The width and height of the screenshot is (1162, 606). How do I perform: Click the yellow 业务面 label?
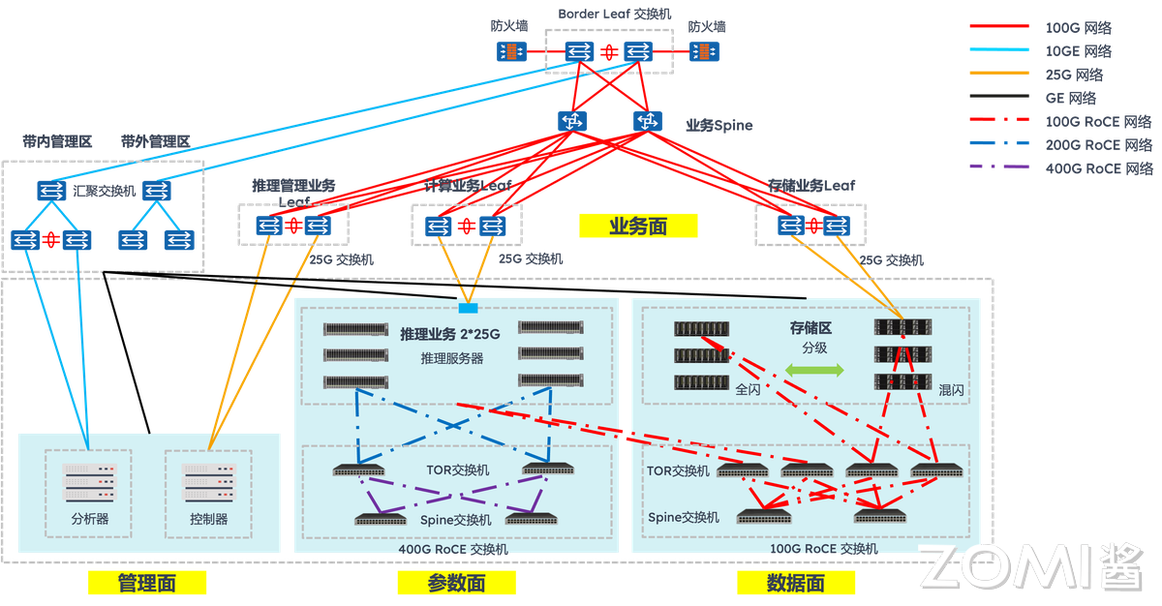[x=638, y=227]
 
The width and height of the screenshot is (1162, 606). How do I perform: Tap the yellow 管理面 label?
[x=147, y=583]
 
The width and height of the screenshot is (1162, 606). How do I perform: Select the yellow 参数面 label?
[x=456, y=583]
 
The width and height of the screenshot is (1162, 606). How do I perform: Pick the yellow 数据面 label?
[x=796, y=583]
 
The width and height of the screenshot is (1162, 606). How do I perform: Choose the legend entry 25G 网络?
[x=1074, y=75]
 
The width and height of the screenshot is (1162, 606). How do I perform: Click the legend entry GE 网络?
[x=1071, y=98]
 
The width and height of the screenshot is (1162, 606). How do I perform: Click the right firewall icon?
[x=705, y=51]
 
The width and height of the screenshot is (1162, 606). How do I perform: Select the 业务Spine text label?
[x=719, y=125]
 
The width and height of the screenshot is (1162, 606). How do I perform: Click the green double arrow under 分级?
[x=814, y=370]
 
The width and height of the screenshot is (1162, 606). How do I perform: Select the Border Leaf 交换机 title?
[x=614, y=14]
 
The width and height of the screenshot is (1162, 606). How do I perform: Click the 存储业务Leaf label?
[x=811, y=185]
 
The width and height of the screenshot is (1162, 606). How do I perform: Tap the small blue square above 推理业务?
[x=468, y=308]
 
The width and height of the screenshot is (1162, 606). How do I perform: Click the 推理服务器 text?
[x=451, y=358]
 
